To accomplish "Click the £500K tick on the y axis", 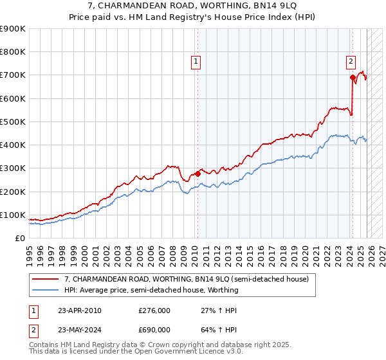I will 13,122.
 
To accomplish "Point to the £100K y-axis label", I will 13,215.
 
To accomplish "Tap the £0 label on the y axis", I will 21,239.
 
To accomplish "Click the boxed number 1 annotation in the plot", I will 196,62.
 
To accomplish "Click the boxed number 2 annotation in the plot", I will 351,62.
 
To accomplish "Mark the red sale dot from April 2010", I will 198,174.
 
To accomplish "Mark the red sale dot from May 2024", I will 353,77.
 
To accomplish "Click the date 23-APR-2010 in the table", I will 79,310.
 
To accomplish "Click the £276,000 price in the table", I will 154,310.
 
